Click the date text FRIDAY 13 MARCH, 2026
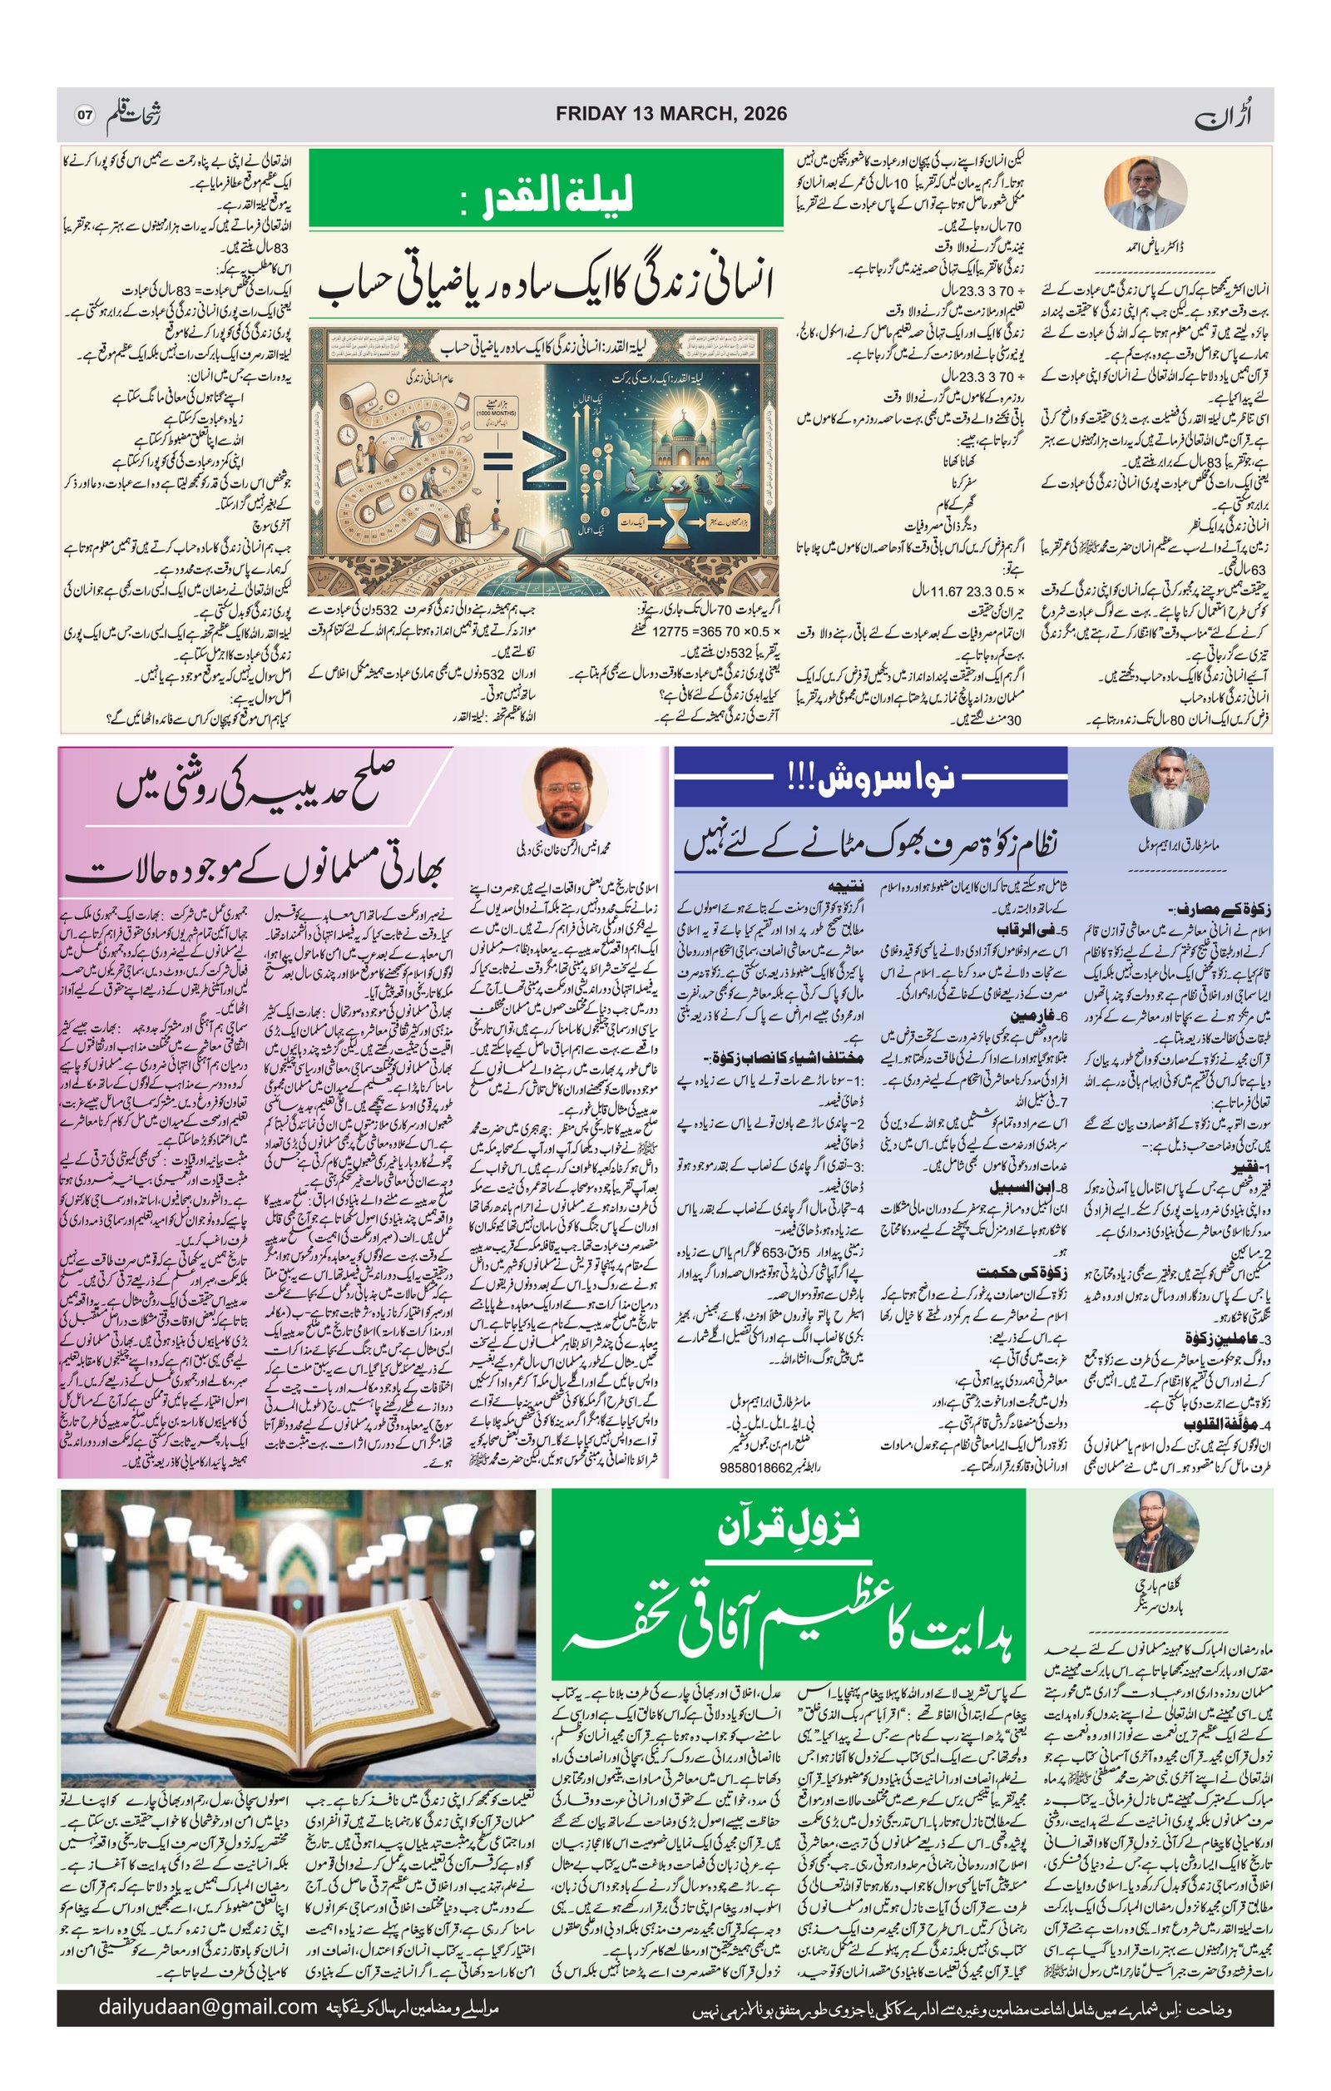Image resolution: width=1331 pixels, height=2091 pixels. (671, 114)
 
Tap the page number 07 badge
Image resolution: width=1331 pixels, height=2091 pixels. (84, 115)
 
